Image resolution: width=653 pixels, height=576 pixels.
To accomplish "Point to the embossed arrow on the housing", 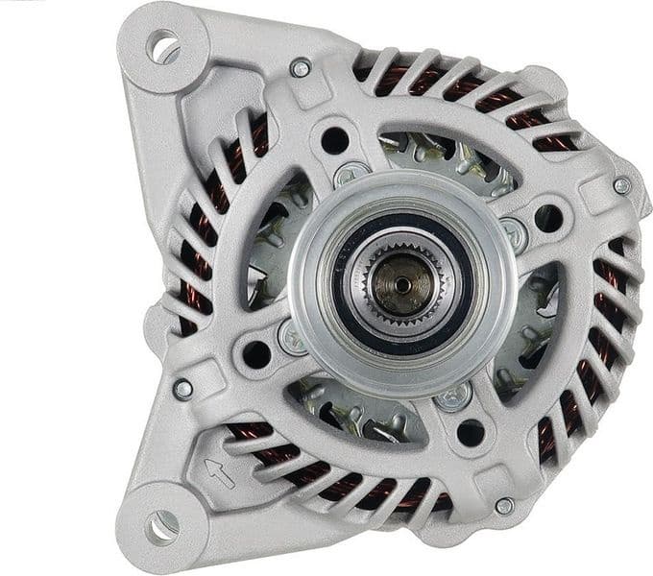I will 220,469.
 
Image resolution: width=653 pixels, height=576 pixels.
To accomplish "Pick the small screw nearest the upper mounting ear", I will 301,68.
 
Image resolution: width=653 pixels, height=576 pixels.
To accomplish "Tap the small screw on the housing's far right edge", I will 621,186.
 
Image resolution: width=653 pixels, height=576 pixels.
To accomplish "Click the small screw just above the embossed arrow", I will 182,389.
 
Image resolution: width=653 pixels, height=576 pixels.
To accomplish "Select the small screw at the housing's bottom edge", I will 503,506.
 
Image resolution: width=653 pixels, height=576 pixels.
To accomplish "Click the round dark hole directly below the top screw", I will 334,139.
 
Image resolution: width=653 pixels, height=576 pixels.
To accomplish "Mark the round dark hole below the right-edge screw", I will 548,217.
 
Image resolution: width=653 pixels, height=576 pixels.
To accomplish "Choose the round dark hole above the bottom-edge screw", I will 471,432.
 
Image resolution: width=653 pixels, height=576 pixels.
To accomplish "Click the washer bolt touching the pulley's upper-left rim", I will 348,176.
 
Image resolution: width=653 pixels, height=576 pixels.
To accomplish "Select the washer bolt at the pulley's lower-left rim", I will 292,336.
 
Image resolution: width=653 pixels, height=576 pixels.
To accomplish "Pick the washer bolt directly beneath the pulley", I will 453,394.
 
